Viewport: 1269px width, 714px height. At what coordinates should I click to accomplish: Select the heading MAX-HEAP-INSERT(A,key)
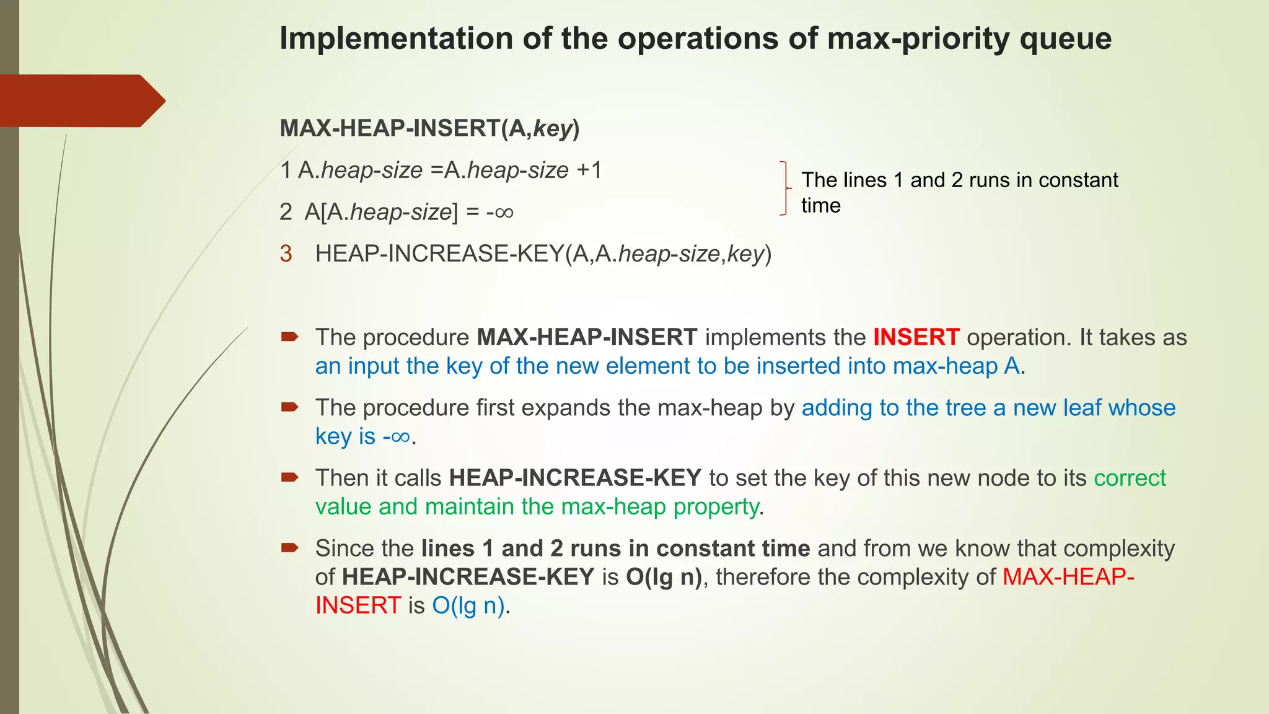tap(429, 128)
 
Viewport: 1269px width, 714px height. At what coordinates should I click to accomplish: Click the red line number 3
tap(286, 254)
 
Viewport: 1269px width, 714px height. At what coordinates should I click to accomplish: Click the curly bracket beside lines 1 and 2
tap(785, 188)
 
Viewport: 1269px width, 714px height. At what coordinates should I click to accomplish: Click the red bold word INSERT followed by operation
tap(916, 338)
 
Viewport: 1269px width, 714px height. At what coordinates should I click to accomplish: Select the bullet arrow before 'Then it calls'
tap(289, 477)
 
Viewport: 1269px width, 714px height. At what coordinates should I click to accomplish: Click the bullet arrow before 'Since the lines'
tap(289, 547)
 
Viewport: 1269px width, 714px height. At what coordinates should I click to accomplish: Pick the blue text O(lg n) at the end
tap(468, 606)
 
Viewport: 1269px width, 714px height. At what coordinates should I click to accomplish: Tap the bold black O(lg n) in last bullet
tap(664, 577)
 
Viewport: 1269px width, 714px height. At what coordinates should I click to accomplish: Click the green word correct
tap(1130, 478)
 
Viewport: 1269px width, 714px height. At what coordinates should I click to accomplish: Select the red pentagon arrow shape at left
tap(81, 100)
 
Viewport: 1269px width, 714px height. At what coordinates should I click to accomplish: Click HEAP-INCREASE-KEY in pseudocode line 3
tap(439, 254)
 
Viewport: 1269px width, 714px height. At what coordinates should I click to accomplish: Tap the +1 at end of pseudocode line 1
tap(589, 170)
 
